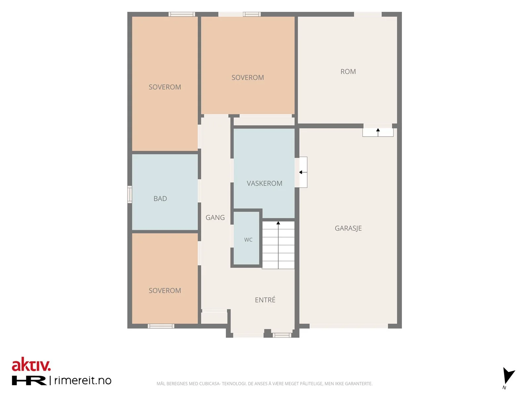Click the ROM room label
tap(348, 71)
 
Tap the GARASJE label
tap(348, 228)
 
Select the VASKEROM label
tap(264, 183)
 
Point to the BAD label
tap(160, 198)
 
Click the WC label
tap(248, 240)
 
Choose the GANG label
tap(215, 218)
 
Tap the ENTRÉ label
tap(265, 300)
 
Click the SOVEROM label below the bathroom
tap(165, 291)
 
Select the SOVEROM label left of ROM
tap(248, 78)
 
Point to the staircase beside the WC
tap(278, 245)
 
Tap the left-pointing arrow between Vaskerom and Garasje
tap(303, 172)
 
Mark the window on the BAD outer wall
tap(130, 194)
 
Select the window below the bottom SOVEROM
tap(161, 326)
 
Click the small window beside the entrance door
tap(282, 335)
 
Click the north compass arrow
tap(508, 375)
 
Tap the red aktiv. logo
tap(31, 365)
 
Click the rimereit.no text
tap(83, 380)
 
